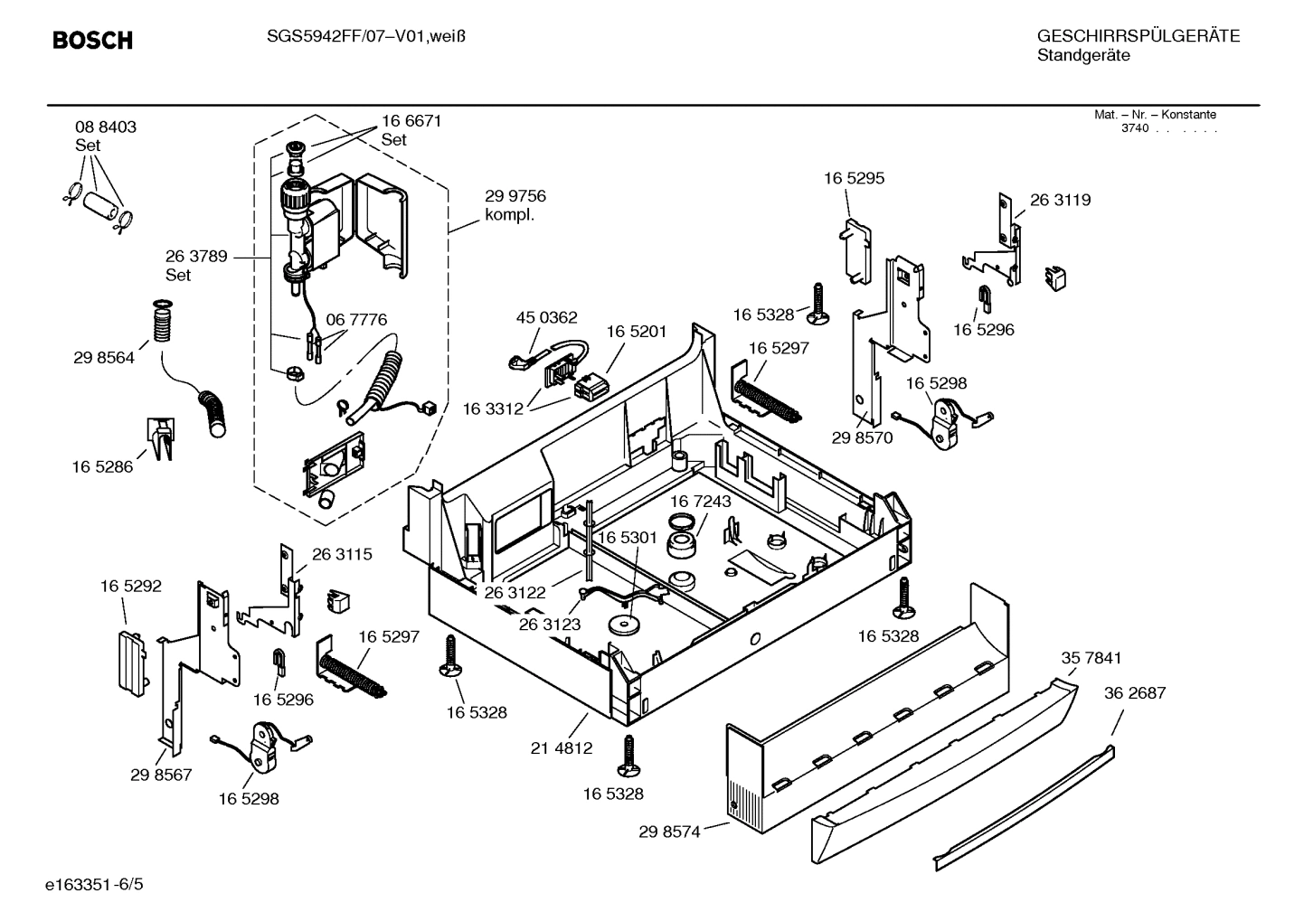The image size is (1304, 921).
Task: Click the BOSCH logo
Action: pos(92,41)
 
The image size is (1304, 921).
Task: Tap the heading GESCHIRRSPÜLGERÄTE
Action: pos(1138,36)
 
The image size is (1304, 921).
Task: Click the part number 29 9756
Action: pos(515,196)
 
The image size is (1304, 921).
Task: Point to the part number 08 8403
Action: pos(106,127)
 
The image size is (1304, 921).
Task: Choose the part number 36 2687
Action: pos(1135,693)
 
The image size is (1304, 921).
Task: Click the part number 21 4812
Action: pos(562,747)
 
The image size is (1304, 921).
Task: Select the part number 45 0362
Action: pos(546,317)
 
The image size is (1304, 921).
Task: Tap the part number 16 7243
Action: pos(701,501)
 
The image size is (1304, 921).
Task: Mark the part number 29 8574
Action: pos(669,832)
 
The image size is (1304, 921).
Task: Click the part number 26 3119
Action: pos(1060,200)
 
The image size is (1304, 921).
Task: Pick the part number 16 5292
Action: pos(131,586)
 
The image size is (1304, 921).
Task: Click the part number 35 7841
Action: pos(1091,658)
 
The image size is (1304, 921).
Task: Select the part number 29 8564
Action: pos(104,358)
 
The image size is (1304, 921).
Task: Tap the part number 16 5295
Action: pos(854,178)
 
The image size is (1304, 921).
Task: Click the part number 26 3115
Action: pos(342,554)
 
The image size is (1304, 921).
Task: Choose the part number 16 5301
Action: pos(627,538)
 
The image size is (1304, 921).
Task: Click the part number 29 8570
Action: pos(862,437)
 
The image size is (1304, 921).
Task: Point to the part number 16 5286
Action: pos(102,466)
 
